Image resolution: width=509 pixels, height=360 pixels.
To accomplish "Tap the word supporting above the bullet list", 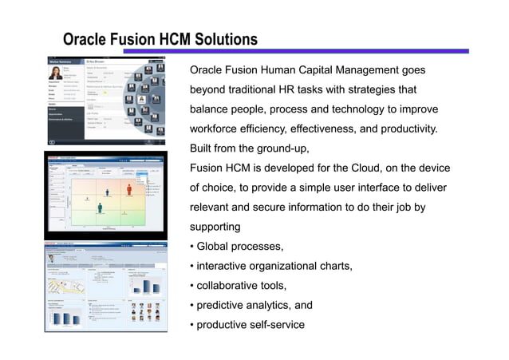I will [x=215, y=227].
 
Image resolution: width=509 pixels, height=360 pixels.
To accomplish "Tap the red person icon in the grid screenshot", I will [x=128, y=188].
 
